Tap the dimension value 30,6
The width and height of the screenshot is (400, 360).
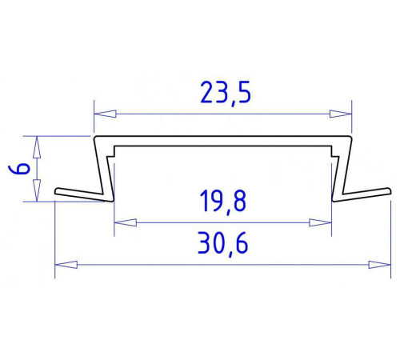click(222, 243)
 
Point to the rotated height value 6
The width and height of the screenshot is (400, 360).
click(22, 169)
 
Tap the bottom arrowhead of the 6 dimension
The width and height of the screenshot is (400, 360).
click(36, 197)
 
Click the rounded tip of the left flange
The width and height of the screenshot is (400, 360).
click(58, 192)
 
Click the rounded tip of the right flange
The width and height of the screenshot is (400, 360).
click(388, 190)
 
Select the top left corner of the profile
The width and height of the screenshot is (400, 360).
click(96, 138)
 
